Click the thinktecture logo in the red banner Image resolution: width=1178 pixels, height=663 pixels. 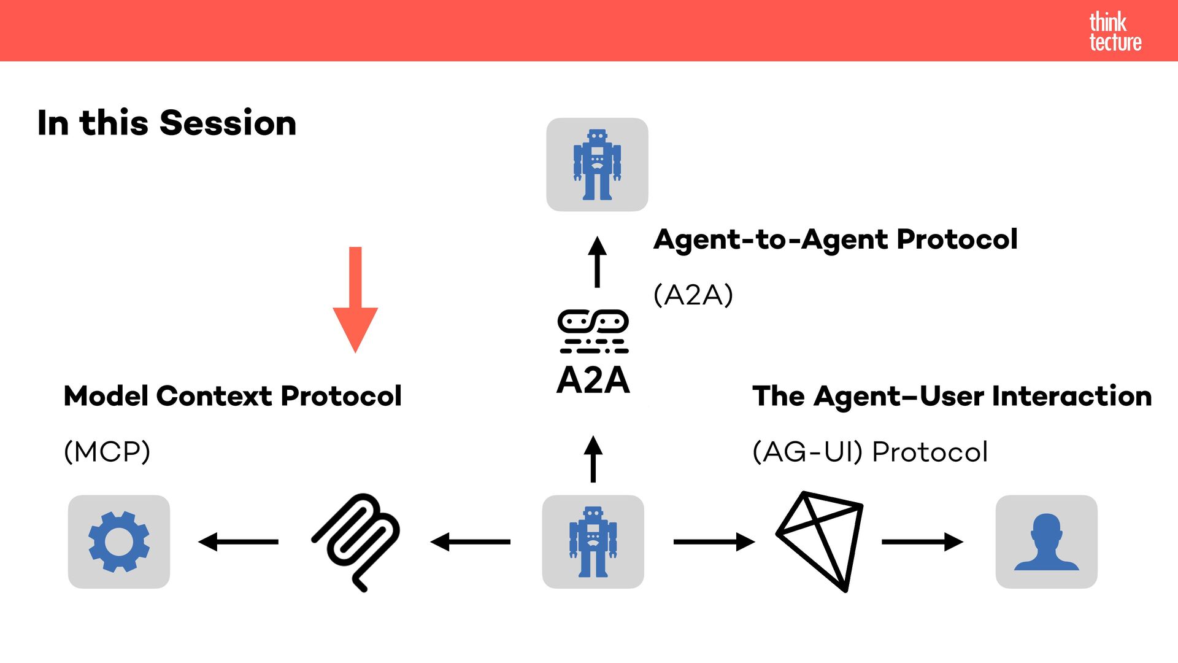[1115, 31]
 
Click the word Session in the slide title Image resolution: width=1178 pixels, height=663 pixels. [228, 123]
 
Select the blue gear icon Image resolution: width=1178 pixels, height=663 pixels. [119, 541]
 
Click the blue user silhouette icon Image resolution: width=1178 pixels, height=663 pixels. [1046, 541]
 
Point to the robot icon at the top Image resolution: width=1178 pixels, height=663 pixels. [597, 165]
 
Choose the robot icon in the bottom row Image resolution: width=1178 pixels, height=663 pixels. [593, 541]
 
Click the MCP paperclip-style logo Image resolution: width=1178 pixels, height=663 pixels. [356, 541]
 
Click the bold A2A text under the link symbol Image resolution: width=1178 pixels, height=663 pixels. [593, 380]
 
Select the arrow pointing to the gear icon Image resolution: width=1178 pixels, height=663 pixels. [238, 541]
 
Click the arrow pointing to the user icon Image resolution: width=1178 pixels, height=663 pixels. [922, 541]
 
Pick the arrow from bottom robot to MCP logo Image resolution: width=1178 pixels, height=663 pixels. [470, 541]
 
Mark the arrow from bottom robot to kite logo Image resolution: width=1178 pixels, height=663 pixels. [714, 541]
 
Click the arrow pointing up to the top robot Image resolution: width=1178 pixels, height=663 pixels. [597, 262]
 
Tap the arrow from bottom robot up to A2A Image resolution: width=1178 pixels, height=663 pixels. [593, 459]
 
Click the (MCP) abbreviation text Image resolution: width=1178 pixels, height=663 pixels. [107, 452]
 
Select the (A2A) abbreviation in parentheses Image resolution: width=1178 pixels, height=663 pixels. [693, 295]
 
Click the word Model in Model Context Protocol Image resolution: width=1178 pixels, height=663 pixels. [106, 396]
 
